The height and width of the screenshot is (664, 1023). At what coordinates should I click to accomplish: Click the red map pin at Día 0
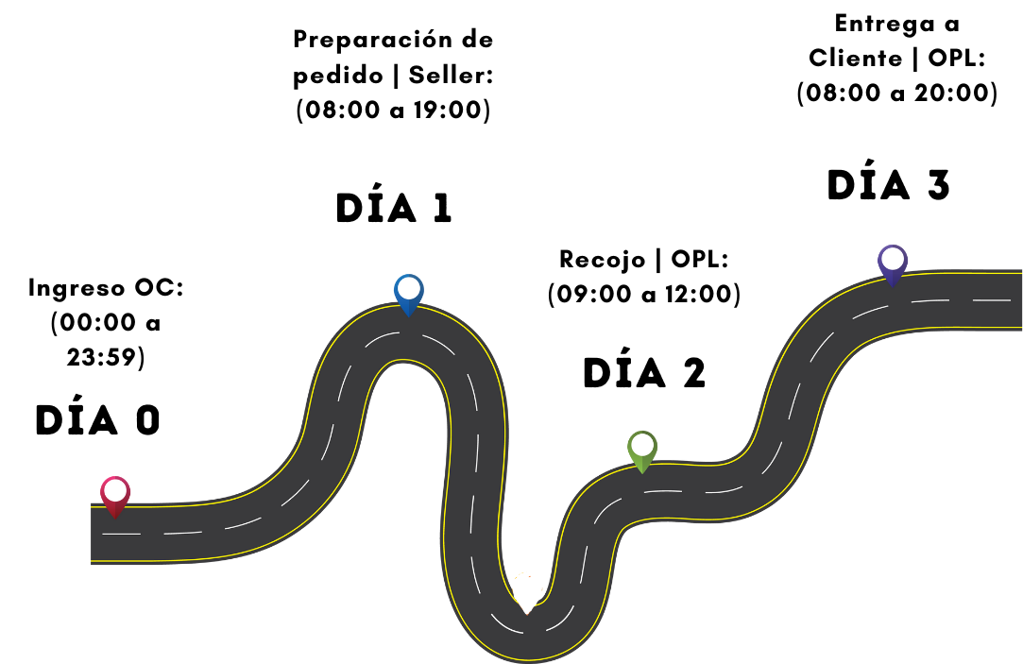[115, 495]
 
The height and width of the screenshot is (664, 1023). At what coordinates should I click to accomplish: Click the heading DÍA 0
[98, 421]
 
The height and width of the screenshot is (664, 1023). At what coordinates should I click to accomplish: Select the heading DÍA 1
[394, 209]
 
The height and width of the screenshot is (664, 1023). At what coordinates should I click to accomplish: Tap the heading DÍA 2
[644, 374]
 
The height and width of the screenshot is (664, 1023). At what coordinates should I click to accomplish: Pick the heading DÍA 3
[888, 185]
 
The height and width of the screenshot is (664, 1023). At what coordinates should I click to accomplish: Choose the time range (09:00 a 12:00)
[644, 295]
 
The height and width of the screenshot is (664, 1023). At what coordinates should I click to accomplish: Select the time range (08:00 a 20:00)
[896, 94]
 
